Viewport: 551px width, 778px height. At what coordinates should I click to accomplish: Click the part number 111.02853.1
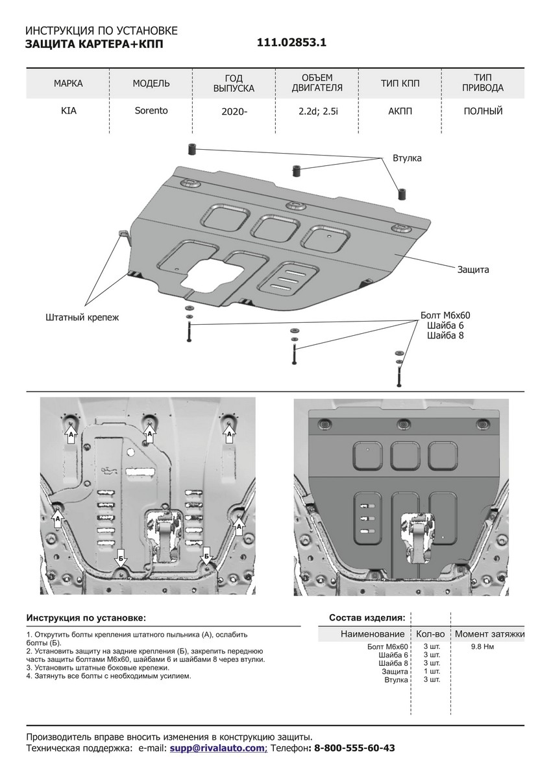point(291,43)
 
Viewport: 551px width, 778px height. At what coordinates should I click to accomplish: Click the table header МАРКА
point(68,84)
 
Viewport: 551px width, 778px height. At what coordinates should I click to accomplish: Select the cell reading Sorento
point(151,111)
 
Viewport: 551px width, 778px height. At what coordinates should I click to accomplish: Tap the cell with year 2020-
point(234,112)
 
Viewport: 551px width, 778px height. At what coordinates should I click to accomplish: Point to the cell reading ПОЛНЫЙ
point(483,112)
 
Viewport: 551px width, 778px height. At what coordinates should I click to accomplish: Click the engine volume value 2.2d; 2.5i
point(315,112)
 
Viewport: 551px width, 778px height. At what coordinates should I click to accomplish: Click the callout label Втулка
point(407,158)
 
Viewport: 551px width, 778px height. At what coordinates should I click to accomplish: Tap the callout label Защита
point(472,268)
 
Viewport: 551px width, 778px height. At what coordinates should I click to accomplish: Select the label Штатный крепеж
point(83,318)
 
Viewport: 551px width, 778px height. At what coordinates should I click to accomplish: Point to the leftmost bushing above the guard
point(192,150)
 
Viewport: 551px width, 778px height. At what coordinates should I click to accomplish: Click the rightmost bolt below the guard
point(398,375)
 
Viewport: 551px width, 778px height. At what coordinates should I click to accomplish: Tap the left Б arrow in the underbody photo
point(121,558)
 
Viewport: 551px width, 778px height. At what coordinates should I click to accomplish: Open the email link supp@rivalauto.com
point(217,748)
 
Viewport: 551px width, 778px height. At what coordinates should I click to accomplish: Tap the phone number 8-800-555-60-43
point(354,748)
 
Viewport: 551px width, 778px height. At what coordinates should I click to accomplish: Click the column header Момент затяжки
point(489,633)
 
